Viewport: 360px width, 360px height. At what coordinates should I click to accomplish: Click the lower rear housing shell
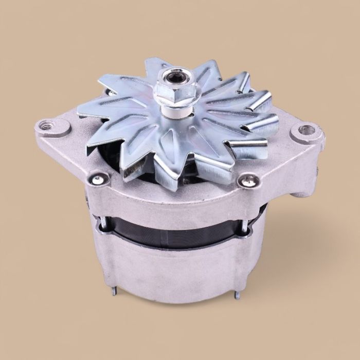coord(175,267)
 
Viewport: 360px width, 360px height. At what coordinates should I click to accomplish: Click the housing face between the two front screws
coord(175,193)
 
